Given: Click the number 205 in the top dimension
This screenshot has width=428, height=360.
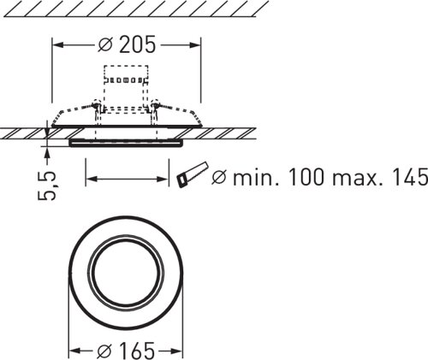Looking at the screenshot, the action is coord(138,44).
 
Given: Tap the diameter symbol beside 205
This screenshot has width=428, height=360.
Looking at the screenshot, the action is coord(105,44).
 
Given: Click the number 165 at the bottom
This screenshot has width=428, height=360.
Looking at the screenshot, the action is coord(137,351).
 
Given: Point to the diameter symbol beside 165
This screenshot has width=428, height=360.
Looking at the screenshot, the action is coord(104,351).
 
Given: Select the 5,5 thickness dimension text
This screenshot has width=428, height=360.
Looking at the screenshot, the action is coord(46,186).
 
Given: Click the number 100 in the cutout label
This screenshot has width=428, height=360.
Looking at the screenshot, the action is coord(306,177).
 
